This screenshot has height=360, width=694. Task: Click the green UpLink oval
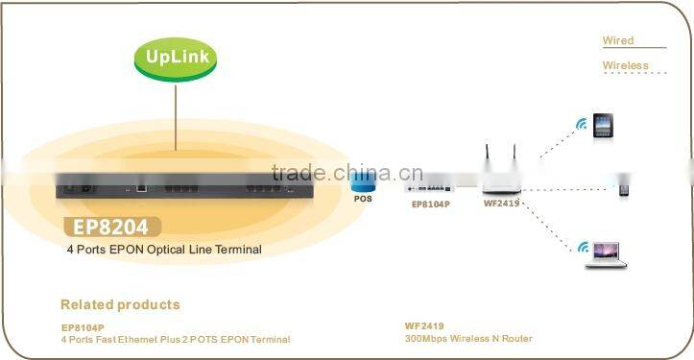coord(177,56)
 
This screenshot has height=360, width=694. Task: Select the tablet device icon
coord(602,126)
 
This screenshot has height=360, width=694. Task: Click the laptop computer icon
coord(609,252)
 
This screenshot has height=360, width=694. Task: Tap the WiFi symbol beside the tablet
coord(580,124)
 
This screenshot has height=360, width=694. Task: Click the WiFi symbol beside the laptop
coord(583,249)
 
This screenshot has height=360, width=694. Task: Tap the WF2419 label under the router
coord(500,204)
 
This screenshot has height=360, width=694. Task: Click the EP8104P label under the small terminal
coord(431,204)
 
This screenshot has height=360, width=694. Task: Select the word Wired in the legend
coord(618,40)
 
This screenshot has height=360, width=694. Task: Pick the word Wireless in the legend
coord(625,65)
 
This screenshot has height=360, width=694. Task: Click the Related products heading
coord(120,304)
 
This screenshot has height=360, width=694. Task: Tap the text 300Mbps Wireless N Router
coord(468,339)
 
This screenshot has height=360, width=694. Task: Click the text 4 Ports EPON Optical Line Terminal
coord(163,250)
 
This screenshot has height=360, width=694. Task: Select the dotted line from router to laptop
coord(551,218)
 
